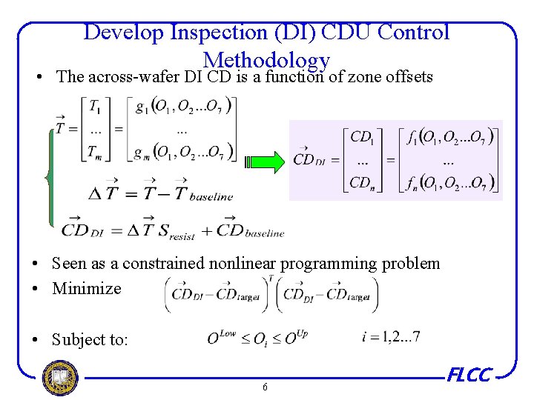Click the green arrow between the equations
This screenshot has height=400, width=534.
coord(263,161)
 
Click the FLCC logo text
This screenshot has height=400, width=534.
coord(469,376)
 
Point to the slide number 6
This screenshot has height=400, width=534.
coord(265,387)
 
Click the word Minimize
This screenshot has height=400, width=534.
coord(86,289)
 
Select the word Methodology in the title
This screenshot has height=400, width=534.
coord(266,61)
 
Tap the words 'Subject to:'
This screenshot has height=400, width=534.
coord(90,340)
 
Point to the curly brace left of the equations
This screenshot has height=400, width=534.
coord(50,176)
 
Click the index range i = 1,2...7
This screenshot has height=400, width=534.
coord(389,337)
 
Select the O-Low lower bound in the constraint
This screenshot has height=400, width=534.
coord(221,337)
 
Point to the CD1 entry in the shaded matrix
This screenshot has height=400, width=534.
coord(362,137)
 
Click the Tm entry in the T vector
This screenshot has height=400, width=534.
coord(96,152)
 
